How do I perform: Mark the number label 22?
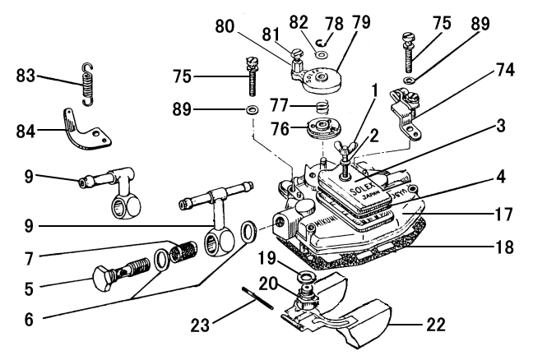(x=436, y=324)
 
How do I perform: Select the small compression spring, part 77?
(x=327, y=108)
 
